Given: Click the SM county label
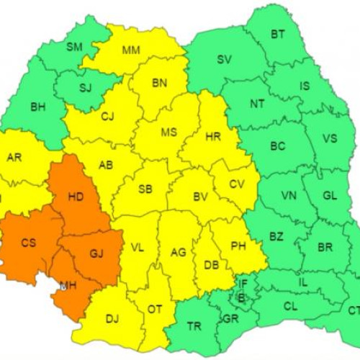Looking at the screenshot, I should (x=74, y=48).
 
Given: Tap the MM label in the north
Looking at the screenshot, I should (x=131, y=50).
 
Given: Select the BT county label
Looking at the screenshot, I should (x=277, y=34).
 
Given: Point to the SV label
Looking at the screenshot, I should (x=224, y=60).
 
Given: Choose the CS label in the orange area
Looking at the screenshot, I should (x=28, y=243).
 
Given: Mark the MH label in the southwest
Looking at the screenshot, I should (x=68, y=286).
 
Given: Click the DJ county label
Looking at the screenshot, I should (x=112, y=318).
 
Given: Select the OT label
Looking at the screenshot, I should (x=155, y=310).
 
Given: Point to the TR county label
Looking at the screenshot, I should (x=194, y=326).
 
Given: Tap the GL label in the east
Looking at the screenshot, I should (x=330, y=195).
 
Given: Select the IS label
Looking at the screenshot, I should (x=305, y=86).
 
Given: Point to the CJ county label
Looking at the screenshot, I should (x=107, y=116).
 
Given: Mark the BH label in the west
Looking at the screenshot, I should (x=37, y=107).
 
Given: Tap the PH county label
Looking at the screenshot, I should (x=238, y=246).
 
